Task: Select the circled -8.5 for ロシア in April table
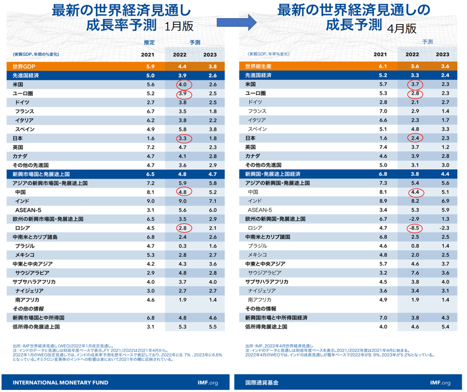point(416,227)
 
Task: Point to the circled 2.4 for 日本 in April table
point(416,139)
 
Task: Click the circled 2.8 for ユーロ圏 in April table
point(416,94)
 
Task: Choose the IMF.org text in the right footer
point(440,382)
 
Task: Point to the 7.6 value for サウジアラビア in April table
point(416,272)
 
